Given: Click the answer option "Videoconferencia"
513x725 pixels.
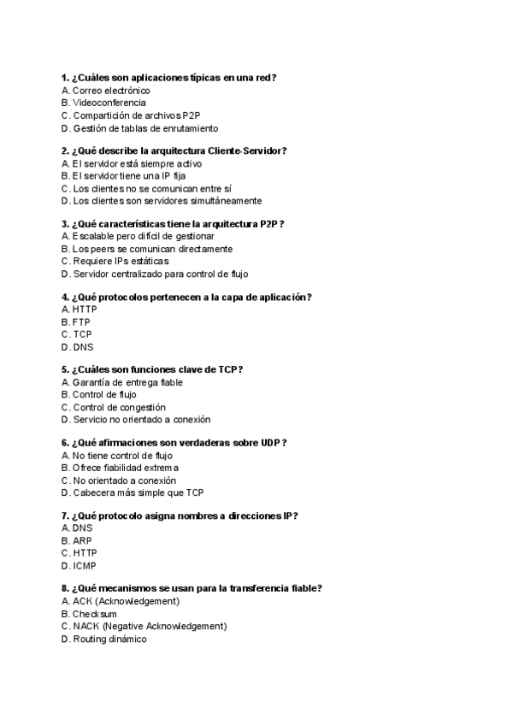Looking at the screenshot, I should tap(109, 103).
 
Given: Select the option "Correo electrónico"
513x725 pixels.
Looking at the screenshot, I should tap(111, 90).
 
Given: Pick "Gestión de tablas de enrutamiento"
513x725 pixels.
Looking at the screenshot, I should tap(145, 128).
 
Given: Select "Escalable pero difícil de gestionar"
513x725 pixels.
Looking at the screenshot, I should tap(144, 236).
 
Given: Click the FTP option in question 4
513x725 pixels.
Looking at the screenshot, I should tap(81, 321).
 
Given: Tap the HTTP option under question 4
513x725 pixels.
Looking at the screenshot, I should tap(85, 309).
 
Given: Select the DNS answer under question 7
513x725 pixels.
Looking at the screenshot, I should tap(82, 528).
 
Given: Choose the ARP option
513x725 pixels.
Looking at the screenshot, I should tap(82, 541).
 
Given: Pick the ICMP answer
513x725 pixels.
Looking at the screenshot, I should tap(84, 566).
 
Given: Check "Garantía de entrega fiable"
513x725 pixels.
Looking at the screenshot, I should tap(127, 382).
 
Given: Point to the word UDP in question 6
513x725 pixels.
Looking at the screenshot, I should tap(270, 442).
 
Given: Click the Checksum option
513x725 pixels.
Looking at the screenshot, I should tap(95, 614).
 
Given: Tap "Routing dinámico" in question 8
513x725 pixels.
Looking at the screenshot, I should tap(109, 639).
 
